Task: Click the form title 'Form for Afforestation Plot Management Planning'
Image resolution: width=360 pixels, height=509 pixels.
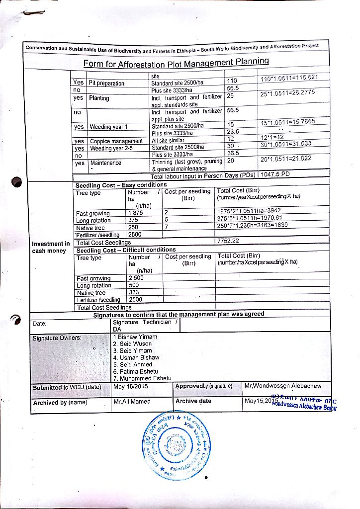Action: pyautogui.click(x=176, y=63)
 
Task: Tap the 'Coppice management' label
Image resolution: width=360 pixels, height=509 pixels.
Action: pyautogui.click(x=116, y=141)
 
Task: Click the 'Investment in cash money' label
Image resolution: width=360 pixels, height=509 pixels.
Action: pyautogui.click(x=51, y=247)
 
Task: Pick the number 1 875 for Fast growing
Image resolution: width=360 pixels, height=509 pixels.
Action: pyautogui.click(x=135, y=214)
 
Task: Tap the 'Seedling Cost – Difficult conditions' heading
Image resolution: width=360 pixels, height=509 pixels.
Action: pyautogui.click(x=126, y=250)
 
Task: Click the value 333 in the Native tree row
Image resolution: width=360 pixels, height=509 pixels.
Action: pyautogui.click(x=134, y=292)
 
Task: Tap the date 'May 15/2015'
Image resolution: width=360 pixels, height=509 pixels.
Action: pyautogui.click(x=131, y=386)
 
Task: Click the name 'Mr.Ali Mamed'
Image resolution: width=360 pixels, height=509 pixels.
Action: pyautogui.click(x=132, y=401)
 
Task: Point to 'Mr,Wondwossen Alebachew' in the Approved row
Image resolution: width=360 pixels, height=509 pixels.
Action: pyautogui.click(x=283, y=386)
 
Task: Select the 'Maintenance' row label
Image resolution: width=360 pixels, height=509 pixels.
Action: pyautogui.click(x=105, y=163)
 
